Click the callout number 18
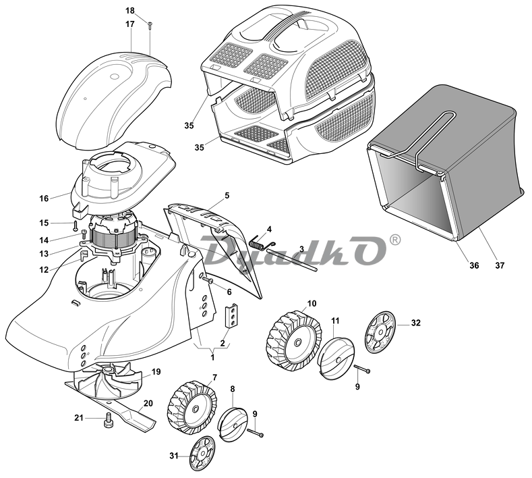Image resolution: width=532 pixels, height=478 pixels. click(x=130, y=11)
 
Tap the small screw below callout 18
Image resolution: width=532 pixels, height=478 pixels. click(x=150, y=25)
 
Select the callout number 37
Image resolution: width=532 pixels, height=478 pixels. click(x=500, y=265)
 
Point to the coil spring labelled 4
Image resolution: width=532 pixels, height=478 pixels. click(x=262, y=242)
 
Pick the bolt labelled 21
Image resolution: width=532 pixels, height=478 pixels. click(x=109, y=421)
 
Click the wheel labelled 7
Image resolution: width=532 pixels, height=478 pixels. click(x=192, y=408)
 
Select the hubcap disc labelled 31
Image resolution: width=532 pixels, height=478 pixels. click(x=202, y=454)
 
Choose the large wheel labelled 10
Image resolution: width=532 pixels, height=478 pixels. click(x=294, y=340)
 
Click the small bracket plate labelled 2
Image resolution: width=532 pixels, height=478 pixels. click(x=231, y=316)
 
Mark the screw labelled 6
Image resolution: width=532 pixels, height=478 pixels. click(x=207, y=280)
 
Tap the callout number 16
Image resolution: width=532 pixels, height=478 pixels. click(x=44, y=198)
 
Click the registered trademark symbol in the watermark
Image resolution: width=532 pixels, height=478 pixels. click(x=395, y=239)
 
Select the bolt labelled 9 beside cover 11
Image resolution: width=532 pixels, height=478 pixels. click(x=362, y=369)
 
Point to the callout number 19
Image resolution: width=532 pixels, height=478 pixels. click(x=156, y=372)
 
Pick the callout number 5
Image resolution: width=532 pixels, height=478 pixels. click(x=227, y=195)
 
